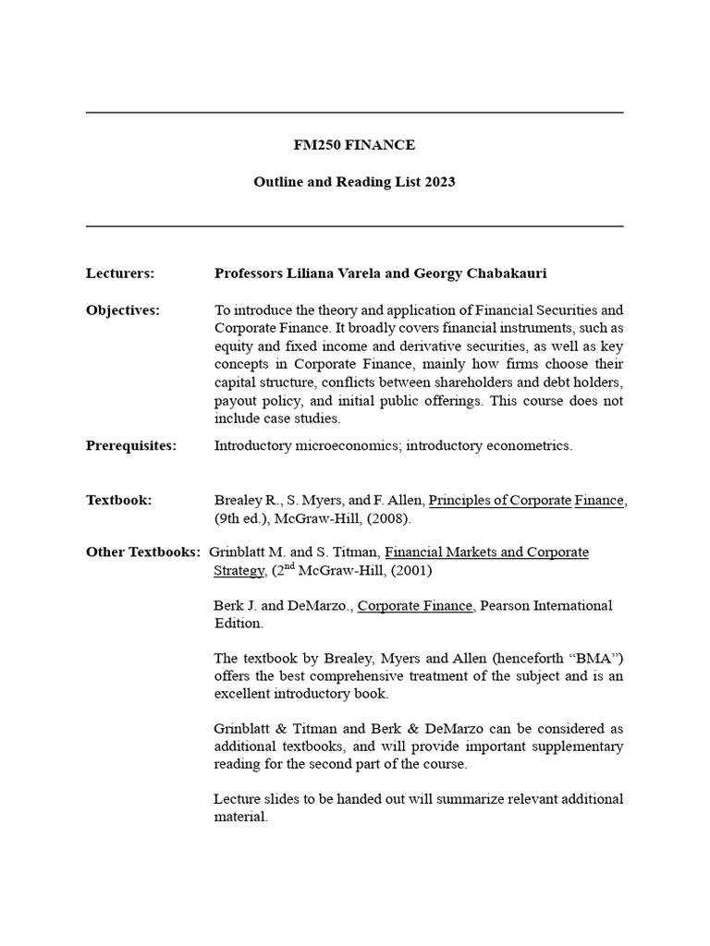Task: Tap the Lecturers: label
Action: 120,273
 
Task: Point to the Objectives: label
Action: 123,310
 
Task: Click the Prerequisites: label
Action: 130,445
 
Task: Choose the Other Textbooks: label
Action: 143,552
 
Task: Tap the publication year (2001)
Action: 408,570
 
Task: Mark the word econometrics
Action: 529,445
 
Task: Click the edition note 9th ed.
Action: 240,518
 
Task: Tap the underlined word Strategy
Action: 239,570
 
